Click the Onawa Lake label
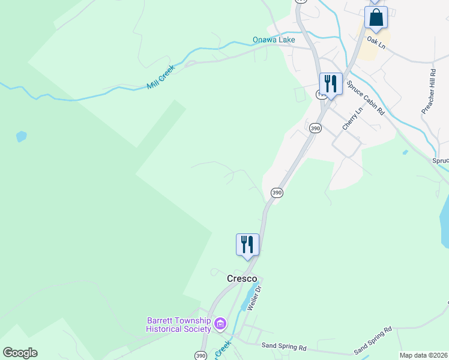[x=274, y=40]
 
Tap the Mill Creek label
[x=160, y=77]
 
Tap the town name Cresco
[x=242, y=279]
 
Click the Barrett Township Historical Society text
[x=178, y=325]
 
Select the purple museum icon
[x=220, y=325]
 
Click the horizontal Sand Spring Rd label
[x=284, y=347]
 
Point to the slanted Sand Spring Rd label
[x=373, y=340]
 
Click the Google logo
[x=20, y=353]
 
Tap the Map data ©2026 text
[x=423, y=355]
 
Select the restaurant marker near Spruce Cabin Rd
[x=330, y=83]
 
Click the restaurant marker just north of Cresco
[x=247, y=245]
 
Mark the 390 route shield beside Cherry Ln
[x=315, y=128]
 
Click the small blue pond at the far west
[x=22, y=136]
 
